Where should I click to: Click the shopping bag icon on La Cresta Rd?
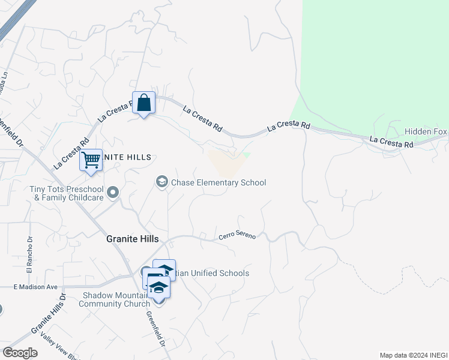144,103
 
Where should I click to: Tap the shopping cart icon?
91,160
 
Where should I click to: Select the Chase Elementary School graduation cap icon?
161,181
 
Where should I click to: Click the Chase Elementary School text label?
218,182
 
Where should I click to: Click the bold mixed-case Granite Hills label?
132,238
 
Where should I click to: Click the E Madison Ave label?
35,287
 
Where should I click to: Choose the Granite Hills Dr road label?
47,316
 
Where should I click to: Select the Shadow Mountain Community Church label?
115,299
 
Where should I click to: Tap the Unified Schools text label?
214,274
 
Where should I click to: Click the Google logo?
20,352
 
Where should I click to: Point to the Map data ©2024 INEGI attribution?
413,355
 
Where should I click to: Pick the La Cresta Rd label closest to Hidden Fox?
391,143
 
